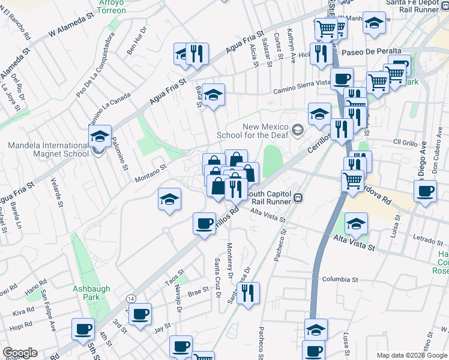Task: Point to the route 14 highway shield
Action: click(130, 298)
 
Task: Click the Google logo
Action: click(19, 353)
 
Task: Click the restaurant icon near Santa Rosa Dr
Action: click(248, 293)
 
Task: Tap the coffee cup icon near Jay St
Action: click(140, 314)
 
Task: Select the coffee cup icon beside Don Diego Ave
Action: click(426, 192)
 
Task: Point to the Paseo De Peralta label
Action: click(371, 52)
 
